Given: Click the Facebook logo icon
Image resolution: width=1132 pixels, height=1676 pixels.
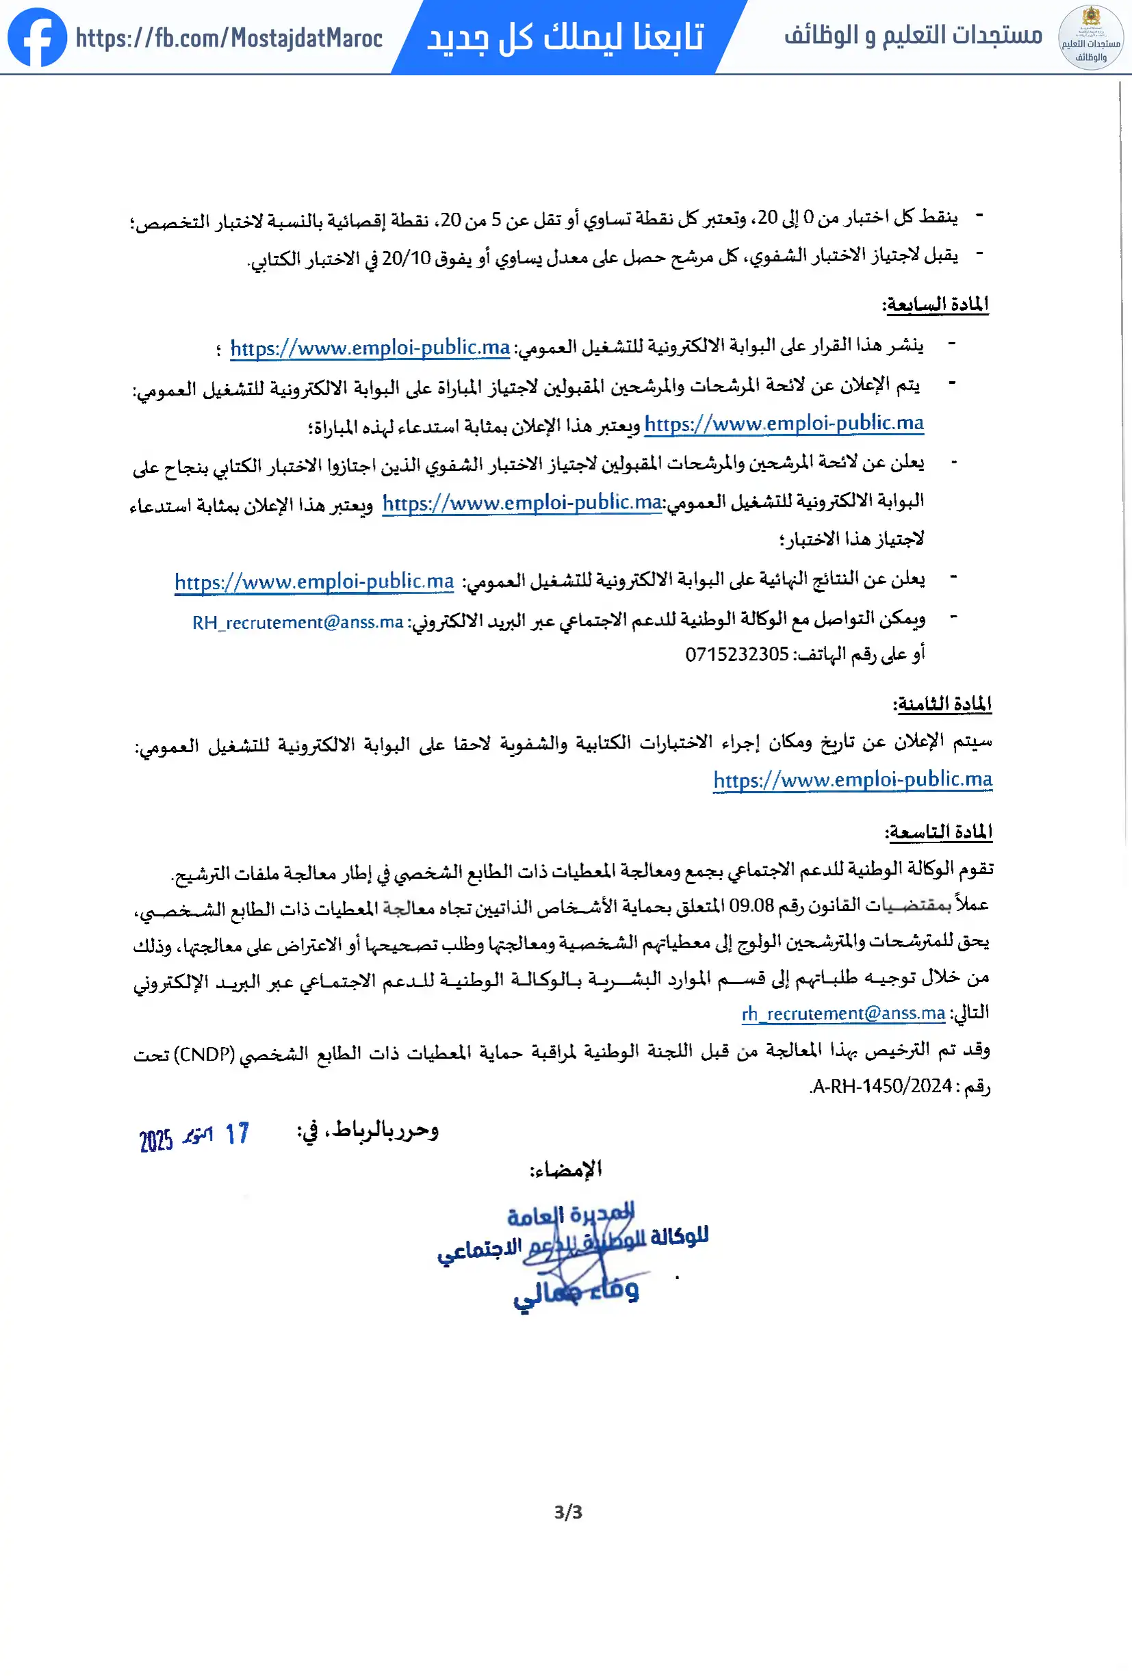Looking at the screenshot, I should (x=37, y=38).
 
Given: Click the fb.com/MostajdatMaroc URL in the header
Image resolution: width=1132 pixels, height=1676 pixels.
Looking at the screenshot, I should (x=229, y=38).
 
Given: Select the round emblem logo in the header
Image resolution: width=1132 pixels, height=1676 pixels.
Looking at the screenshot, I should (x=1090, y=38).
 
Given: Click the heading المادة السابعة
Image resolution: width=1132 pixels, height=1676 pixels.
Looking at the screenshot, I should (x=936, y=305).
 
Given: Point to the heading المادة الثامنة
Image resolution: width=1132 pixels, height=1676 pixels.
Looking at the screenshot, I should (x=942, y=703).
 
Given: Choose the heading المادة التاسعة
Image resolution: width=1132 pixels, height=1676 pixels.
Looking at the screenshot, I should (x=938, y=831).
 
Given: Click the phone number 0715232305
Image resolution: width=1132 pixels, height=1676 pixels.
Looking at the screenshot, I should (x=736, y=654).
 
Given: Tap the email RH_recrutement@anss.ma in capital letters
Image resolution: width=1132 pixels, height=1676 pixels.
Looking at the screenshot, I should (x=297, y=621).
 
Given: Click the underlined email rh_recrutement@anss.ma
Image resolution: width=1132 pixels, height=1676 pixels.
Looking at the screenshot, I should (x=843, y=1014).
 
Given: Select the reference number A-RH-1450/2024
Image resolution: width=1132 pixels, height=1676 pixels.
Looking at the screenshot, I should (x=882, y=1085).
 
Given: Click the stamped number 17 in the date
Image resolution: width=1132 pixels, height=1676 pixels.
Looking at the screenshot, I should (x=237, y=1134).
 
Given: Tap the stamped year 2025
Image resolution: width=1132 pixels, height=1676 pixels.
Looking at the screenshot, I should (x=156, y=1140).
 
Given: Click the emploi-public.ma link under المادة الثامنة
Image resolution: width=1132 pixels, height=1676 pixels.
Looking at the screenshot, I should (x=852, y=779).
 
